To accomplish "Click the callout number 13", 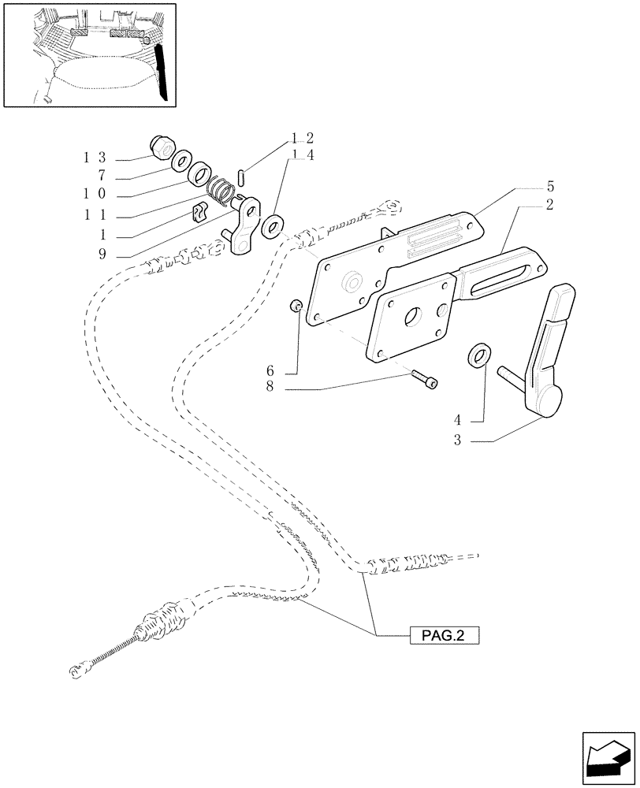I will [94, 158].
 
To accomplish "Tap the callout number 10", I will [94, 195].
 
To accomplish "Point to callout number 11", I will [94, 215].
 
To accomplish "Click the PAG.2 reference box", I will [445, 634].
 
